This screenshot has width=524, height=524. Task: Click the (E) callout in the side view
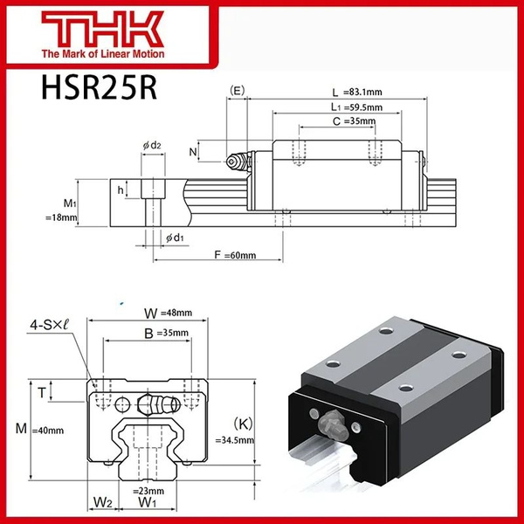pos(236,91)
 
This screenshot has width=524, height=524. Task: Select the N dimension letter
pos(193,152)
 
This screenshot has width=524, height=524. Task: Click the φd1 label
pos(172,237)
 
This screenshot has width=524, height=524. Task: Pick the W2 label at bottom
pos(103,502)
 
